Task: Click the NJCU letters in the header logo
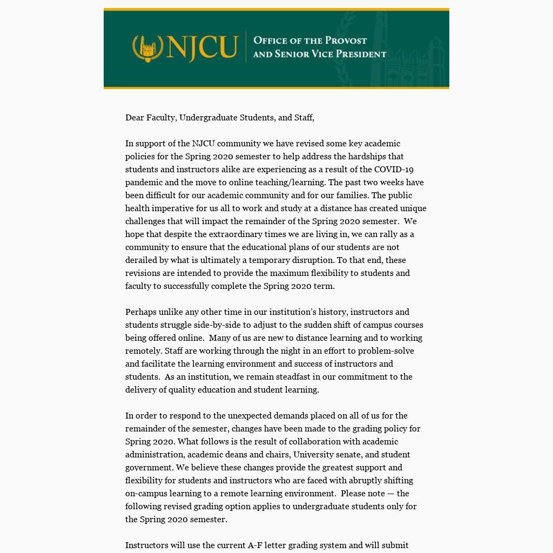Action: tap(202, 48)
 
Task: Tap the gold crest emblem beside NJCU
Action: tap(148, 48)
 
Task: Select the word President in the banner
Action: tap(361, 54)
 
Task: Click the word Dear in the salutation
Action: tap(134, 118)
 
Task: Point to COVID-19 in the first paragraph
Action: tap(394, 170)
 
